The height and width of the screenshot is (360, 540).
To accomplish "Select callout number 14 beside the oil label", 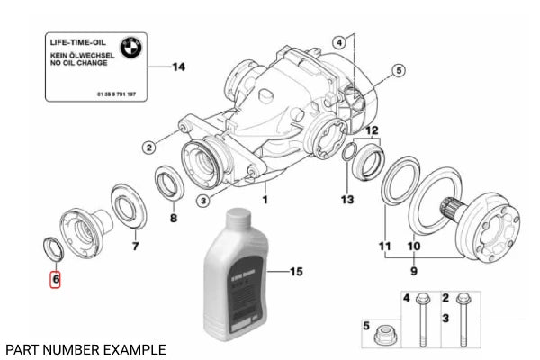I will (x=177, y=67).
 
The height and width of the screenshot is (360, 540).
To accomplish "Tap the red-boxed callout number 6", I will (x=56, y=280).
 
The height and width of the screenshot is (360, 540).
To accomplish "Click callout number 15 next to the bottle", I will (x=298, y=270).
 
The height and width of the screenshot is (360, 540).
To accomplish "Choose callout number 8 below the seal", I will (x=174, y=219).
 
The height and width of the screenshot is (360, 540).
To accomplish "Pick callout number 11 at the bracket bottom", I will (x=385, y=246).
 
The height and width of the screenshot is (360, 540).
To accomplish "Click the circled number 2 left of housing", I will (x=150, y=148).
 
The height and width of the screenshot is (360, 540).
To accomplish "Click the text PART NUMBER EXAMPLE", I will (x=85, y=348).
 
